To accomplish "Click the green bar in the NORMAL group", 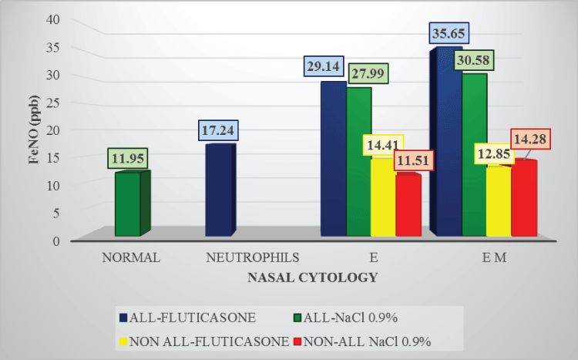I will (128, 204).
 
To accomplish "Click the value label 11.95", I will (127, 159).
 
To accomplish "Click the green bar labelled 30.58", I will (473, 154).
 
